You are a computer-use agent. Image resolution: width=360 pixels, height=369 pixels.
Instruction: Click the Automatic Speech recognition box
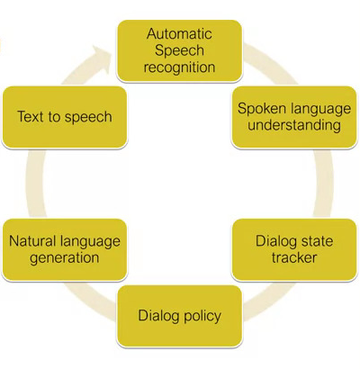(x=179, y=51)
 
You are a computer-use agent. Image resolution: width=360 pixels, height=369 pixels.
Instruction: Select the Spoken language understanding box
(x=294, y=117)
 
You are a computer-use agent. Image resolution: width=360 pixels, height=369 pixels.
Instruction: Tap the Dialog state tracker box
(x=294, y=250)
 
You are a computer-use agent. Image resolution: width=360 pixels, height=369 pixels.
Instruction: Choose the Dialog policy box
(x=179, y=316)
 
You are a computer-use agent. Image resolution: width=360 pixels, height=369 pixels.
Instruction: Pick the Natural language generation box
(x=65, y=250)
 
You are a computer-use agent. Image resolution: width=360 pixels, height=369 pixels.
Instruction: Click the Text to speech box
(x=65, y=117)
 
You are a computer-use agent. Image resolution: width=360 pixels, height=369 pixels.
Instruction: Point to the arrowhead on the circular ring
(x=102, y=59)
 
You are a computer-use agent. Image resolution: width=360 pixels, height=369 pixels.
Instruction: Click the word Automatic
(x=179, y=33)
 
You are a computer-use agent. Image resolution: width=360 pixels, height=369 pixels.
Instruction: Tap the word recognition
(x=179, y=67)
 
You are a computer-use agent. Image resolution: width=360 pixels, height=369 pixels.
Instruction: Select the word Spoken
(x=257, y=109)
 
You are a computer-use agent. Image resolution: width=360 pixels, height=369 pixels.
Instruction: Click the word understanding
(x=294, y=125)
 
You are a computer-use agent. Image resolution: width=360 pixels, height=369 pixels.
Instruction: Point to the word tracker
(x=294, y=258)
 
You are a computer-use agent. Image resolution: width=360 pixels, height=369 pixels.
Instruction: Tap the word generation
(x=65, y=258)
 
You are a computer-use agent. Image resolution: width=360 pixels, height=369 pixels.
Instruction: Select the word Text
(x=31, y=117)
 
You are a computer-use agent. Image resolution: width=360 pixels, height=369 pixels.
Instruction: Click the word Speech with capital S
(x=179, y=50)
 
